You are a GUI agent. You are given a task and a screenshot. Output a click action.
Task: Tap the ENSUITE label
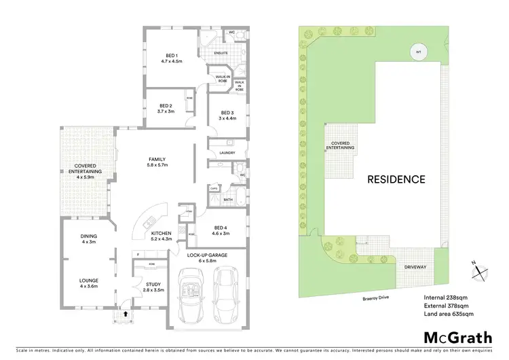[x=221, y=52]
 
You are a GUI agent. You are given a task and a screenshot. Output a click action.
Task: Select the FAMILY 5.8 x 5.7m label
[x=157, y=162]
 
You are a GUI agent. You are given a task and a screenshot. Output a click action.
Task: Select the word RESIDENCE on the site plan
[x=396, y=180]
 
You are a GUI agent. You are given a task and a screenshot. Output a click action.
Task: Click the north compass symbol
[x=480, y=270]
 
